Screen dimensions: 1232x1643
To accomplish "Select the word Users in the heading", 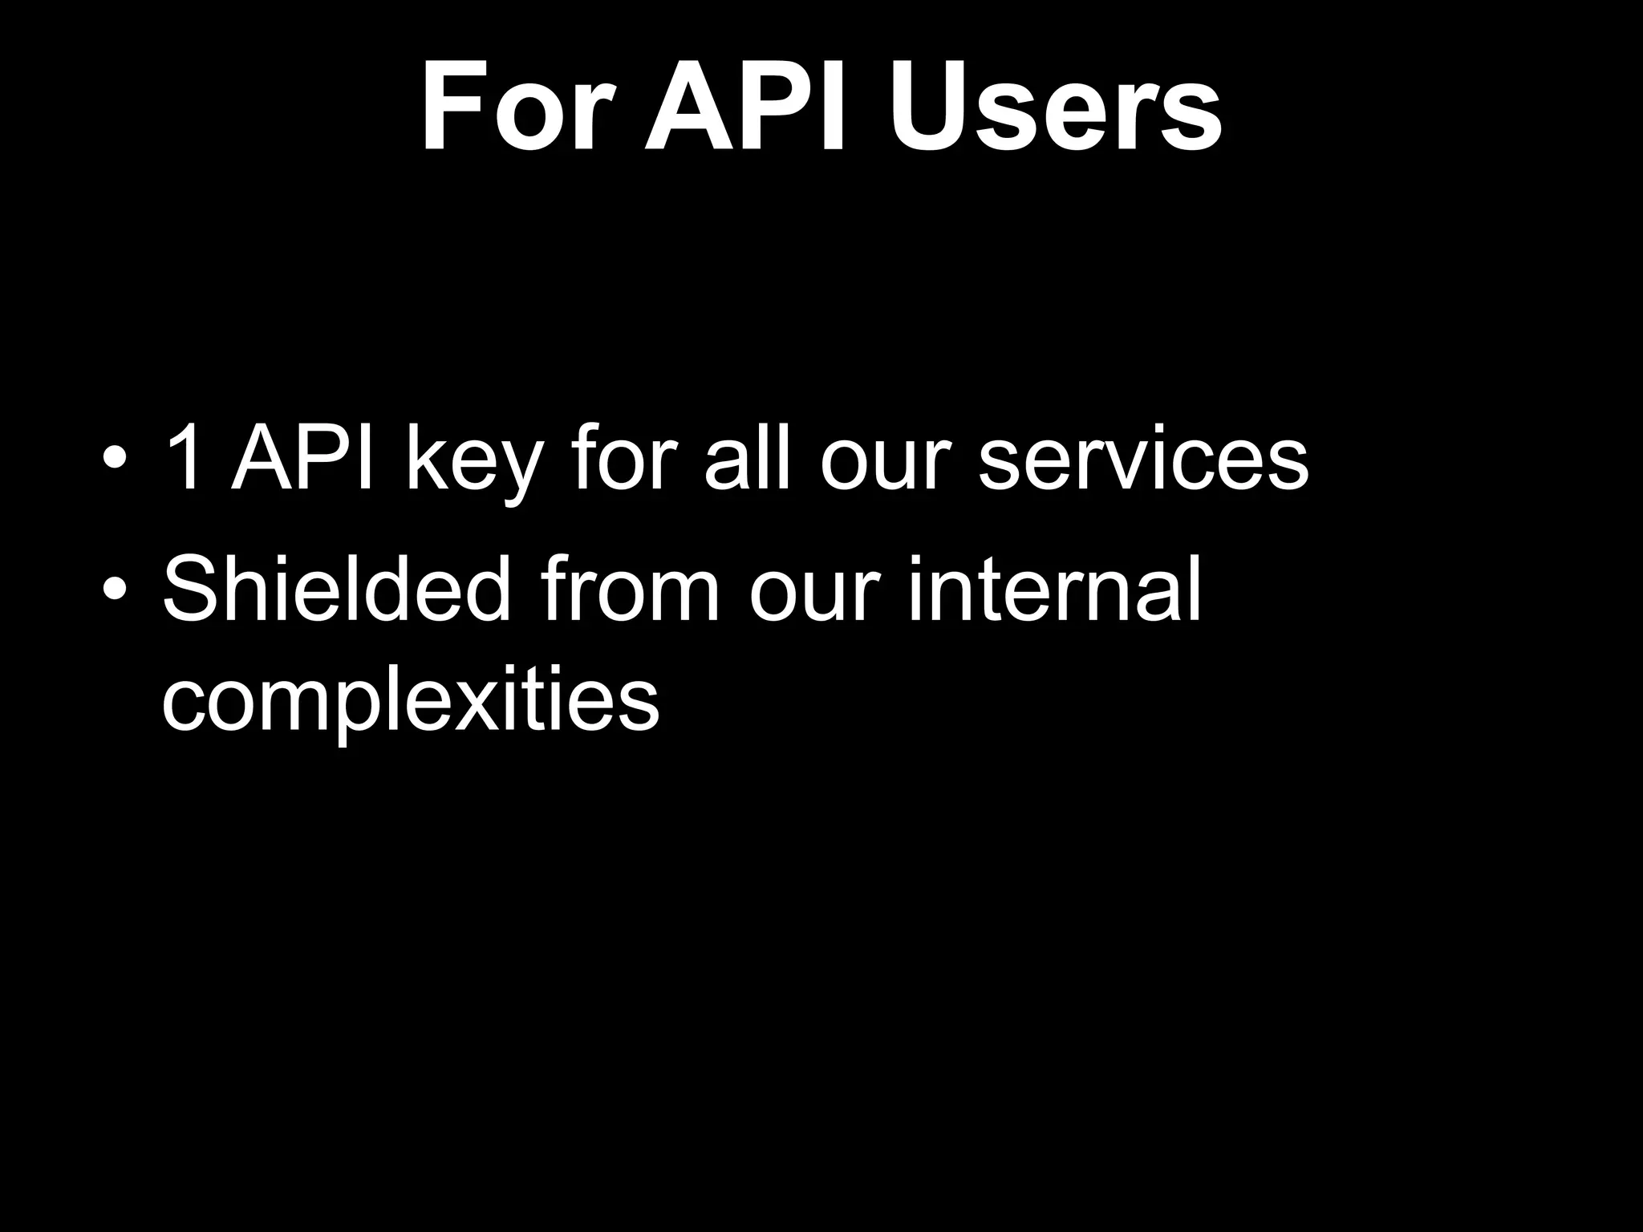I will pyautogui.click(x=1056, y=108).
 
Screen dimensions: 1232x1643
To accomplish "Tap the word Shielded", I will pyautogui.click(x=337, y=590).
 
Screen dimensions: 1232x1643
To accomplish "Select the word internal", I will pyautogui.click(x=1055, y=590).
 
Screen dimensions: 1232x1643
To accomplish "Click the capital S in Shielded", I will pyautogui.click(x=192, y=590).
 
